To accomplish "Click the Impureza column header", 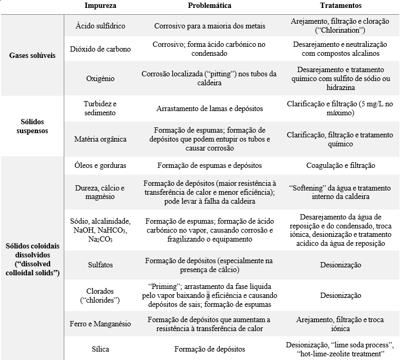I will click(x=101, y=6).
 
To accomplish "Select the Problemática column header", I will click(x=210, y=6).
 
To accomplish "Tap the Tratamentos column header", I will click(x=340, y=6).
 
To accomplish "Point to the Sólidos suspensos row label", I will click(x=33, y=126).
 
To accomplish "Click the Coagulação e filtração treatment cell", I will click(x=340, y=165).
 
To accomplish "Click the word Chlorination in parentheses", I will click(x=340, y=29).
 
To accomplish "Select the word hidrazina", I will click(x=340, y=87).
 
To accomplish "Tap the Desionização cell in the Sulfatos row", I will click(x=340, y=265).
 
